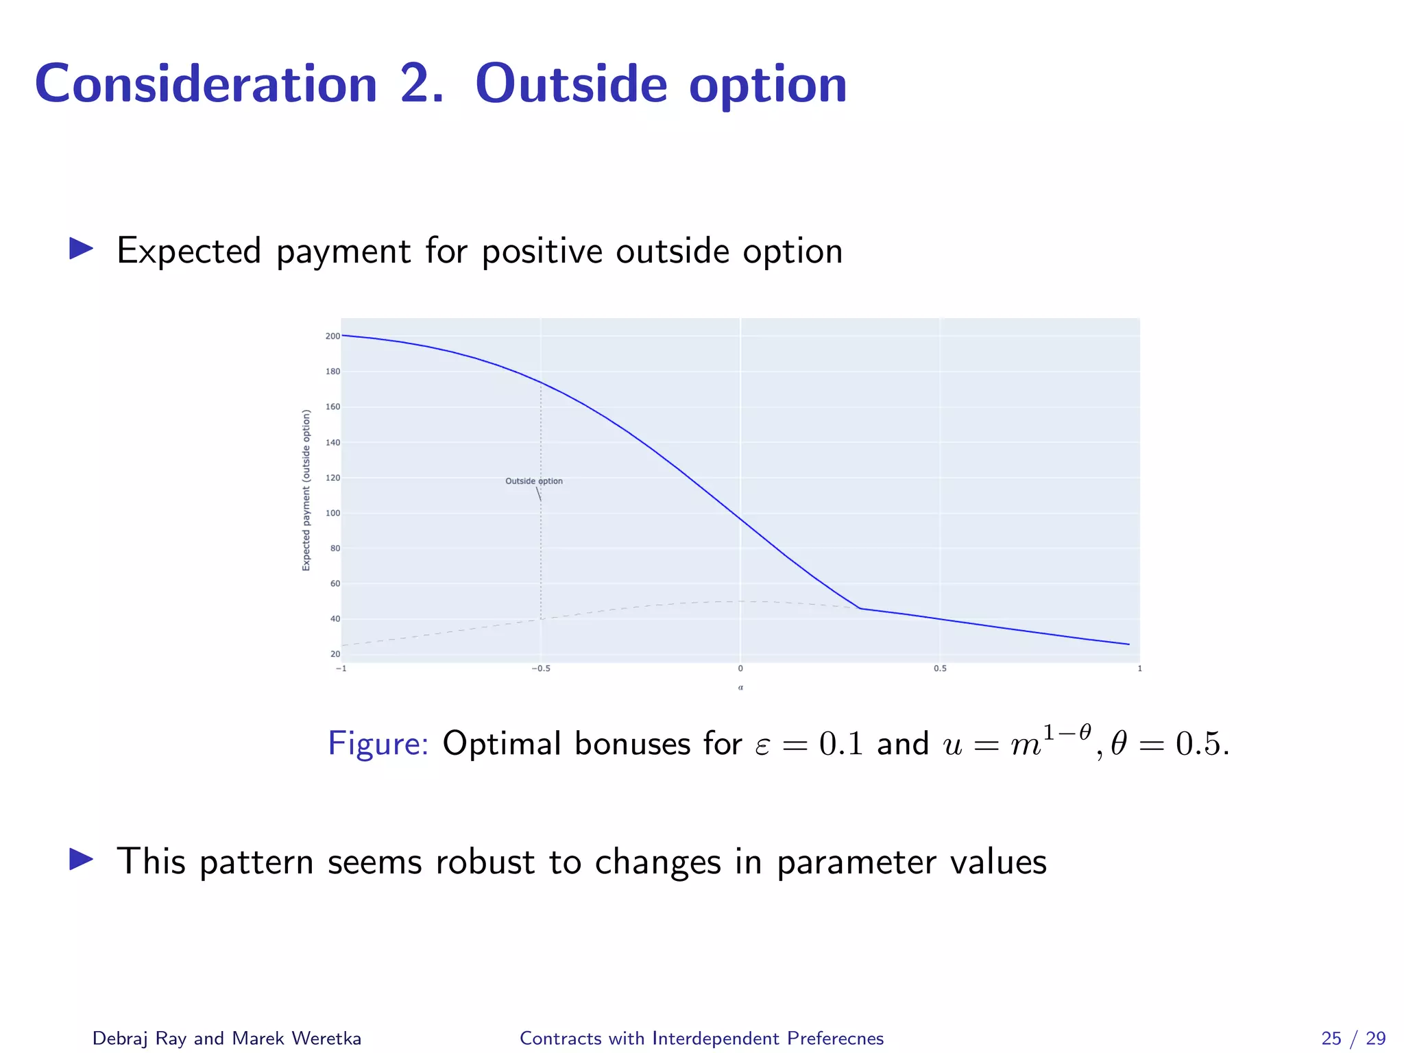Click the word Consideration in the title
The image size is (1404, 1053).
[206, 84]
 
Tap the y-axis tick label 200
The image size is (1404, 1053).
[332, 336]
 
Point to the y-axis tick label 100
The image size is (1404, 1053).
[332, 513]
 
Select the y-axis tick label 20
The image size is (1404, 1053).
[335, 654]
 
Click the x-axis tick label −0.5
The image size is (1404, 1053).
[540, 668]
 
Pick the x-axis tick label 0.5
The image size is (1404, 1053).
[940, 668]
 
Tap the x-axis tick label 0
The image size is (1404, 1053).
[740, 668]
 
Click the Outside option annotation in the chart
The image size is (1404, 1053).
[533, 481]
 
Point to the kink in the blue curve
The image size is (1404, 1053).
[860, 608]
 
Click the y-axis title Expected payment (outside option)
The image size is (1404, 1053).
[306, 489]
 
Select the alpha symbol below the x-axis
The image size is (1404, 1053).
[740, 687]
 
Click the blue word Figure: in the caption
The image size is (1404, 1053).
[378, 744]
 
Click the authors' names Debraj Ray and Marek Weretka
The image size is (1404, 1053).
[226, 1038]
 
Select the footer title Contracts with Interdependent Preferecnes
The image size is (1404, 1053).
[701, 1038]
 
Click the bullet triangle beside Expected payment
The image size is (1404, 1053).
[81, 249]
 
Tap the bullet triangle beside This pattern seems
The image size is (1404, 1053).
[81, 859]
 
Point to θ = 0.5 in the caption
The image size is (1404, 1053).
[1168, 744]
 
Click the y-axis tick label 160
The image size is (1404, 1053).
[332, 407]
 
